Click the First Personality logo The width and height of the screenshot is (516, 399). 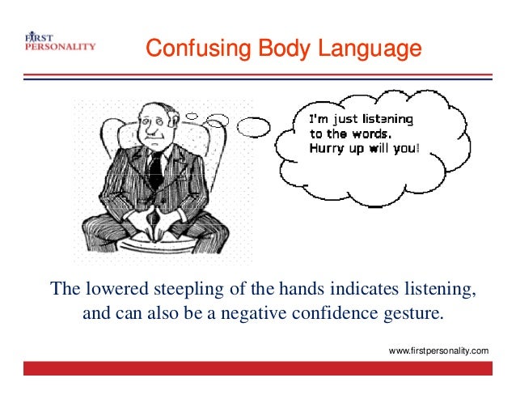pyautogui.click(x=58, y=42)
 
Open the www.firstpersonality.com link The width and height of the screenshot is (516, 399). pyautogui.click(x=438, y=350)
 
